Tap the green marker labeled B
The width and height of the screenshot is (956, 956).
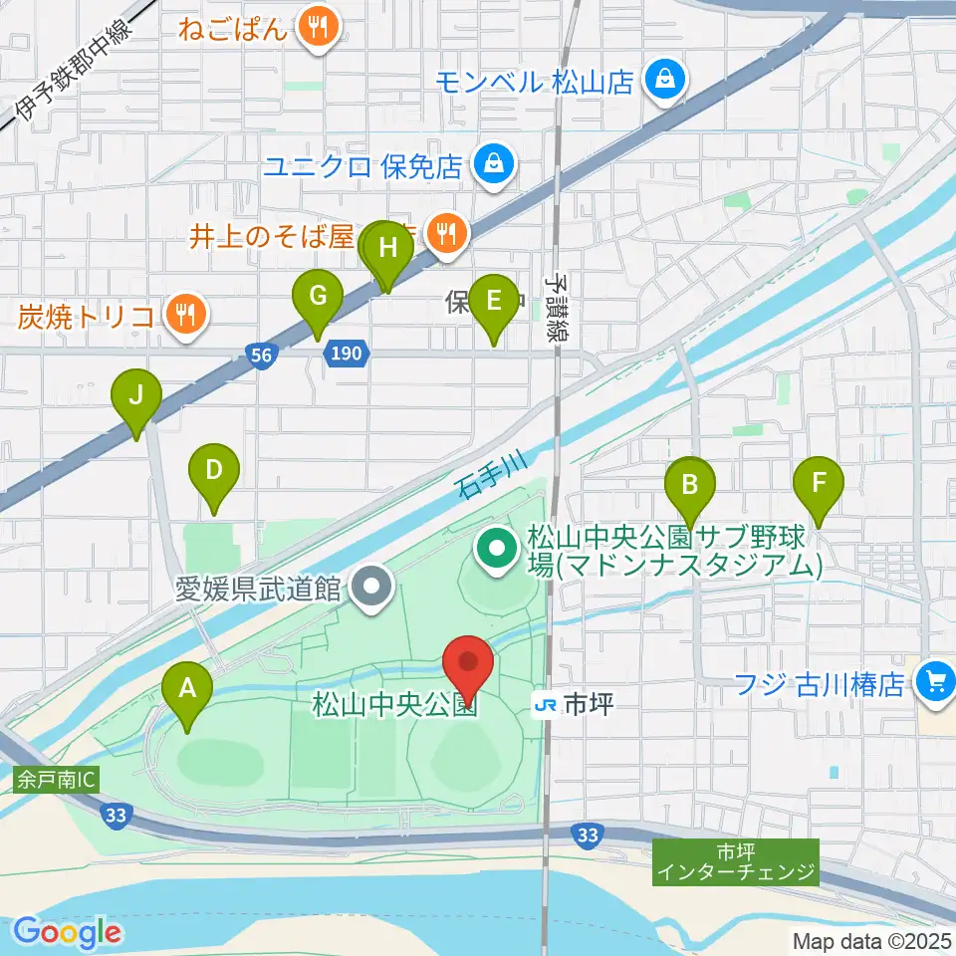pos(688,484)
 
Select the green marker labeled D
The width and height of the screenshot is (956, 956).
pos(214,471)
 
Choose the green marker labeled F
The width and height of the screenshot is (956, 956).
pos(819,484)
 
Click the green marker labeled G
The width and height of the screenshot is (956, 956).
pos(318,298)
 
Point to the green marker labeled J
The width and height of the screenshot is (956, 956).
pos(136,396)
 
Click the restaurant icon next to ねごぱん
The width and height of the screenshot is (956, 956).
pos(318,27)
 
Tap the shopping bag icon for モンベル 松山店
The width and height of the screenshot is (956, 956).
pos(660,81)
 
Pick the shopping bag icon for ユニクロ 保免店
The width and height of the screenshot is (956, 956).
pos(492,163)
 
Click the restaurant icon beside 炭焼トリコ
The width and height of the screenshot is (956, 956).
pos(184,316)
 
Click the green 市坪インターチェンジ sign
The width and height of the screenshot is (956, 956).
pos(736,862)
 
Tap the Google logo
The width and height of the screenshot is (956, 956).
pos(68,932)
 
